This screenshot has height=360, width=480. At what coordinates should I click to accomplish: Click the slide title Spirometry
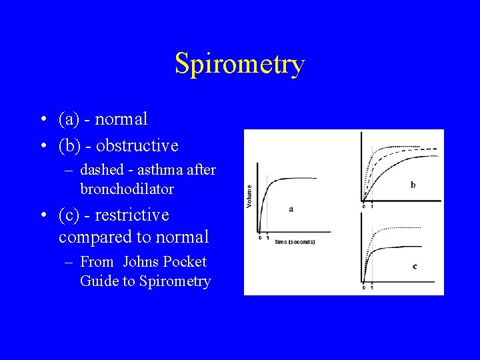pos(239,64)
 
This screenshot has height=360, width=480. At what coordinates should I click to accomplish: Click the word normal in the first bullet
pos(122,119)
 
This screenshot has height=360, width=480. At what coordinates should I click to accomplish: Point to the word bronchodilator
pos(127,189)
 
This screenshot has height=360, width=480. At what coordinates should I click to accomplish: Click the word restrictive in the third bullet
pos(132,215)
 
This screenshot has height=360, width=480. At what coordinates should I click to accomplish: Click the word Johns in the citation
pos(141,262)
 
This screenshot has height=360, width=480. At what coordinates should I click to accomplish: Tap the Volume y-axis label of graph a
pos(250,195)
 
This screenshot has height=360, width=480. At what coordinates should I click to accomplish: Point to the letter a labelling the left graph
pos(291,209)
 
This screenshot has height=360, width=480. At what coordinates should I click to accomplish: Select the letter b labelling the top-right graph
pos(413,185)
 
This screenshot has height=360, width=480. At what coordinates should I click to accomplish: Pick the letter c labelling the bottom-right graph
pos(415,266)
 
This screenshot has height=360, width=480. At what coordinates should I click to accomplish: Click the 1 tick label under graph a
pos(267,237)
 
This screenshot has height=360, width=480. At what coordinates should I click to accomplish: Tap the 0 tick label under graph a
pos(260,237)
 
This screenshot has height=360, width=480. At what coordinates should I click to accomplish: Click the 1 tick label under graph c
pos(371,287)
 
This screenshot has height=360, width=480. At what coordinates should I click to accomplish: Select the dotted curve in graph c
pos(400,228)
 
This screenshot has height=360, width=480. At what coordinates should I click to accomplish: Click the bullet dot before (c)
pos(42,216)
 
